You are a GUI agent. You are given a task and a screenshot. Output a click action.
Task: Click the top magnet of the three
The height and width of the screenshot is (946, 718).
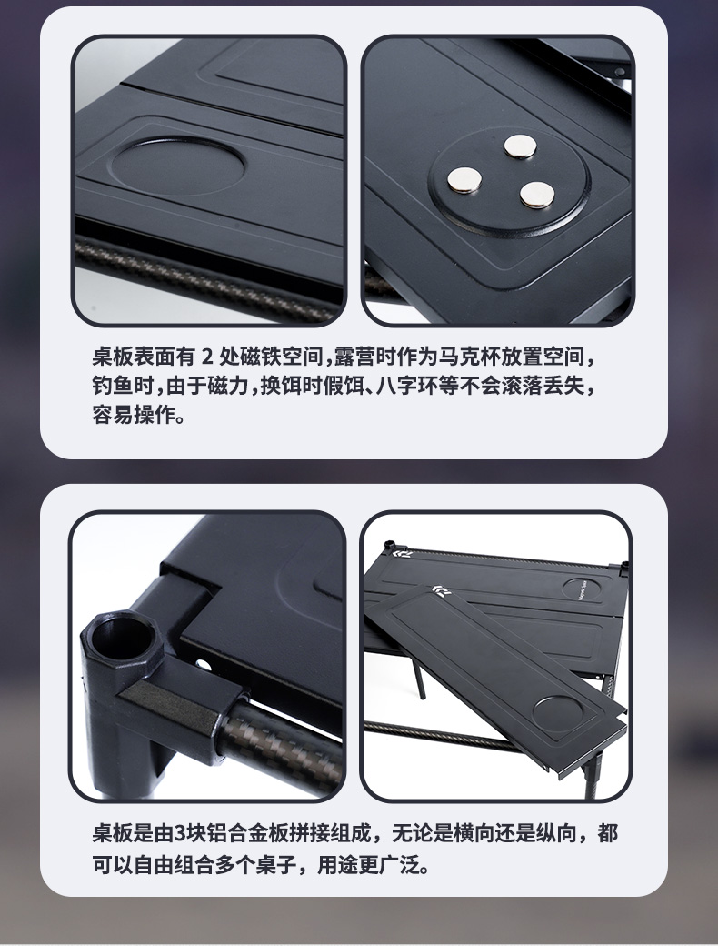click(x=520, y=146)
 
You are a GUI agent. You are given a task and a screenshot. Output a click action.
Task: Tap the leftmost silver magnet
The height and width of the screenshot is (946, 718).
click(x=464, y=180)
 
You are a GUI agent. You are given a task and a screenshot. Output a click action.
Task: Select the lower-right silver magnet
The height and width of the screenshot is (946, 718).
click(x=537, y=195)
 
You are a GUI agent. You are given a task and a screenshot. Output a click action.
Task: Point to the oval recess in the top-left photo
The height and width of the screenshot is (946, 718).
click(x=178, y=166)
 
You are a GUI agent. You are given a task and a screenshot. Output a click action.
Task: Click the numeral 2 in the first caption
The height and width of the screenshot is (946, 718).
click(x=207, y=357)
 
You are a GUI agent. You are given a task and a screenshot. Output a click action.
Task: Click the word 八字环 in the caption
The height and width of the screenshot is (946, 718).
click(x=407, y=386)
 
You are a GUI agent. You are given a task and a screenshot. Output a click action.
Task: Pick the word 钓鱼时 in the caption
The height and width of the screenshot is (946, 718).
click(x=123, y=386)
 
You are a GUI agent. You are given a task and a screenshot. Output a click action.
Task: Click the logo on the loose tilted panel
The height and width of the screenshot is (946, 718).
click(x=442, y=590)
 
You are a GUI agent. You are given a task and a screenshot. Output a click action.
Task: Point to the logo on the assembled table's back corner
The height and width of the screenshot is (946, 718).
click(x=401, y=553)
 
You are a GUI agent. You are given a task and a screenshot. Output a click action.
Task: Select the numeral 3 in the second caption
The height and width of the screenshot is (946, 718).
click(x=180, y=833)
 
